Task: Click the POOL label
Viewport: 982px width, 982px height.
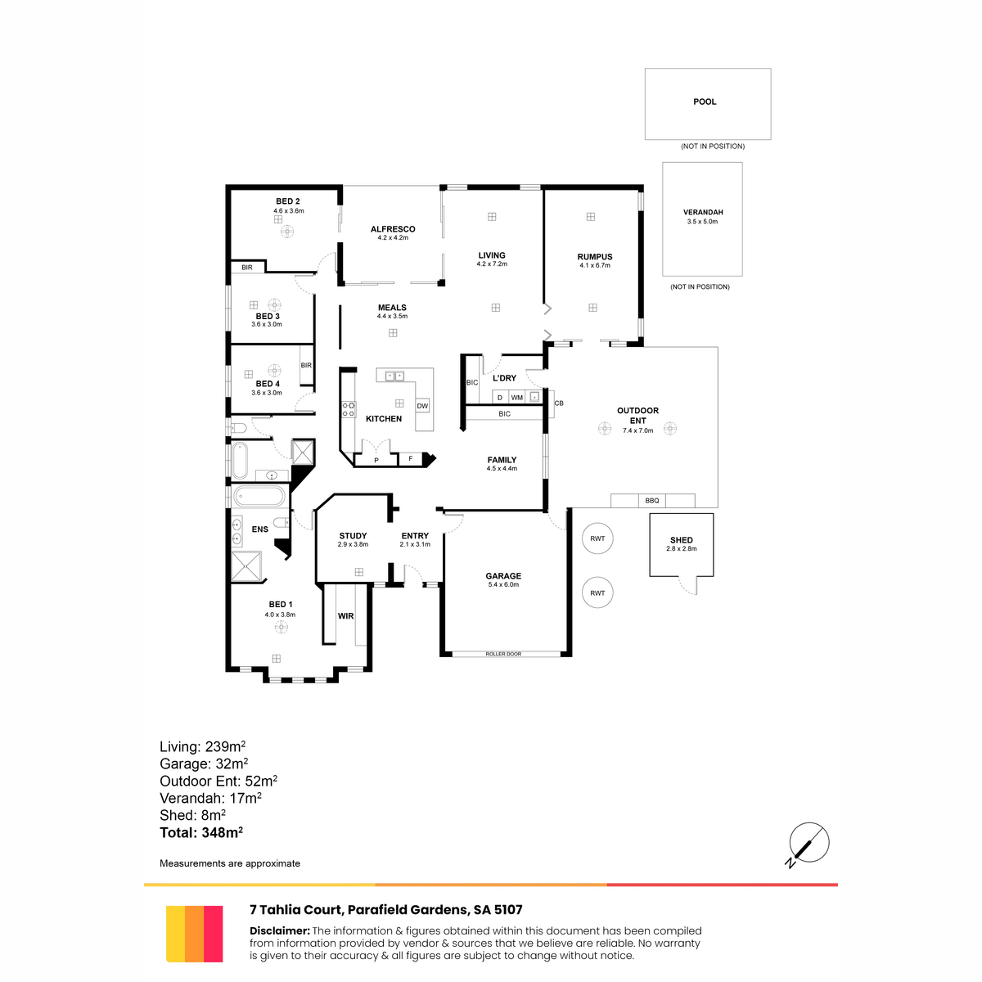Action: tap(705, 102)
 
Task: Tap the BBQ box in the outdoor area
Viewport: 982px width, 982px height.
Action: tap(651, 501)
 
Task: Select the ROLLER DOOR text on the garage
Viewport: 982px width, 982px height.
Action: tap(503, 654)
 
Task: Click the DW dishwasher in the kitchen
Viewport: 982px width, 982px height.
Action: tap(422, 406)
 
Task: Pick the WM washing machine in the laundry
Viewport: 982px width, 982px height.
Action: tap(516, 398)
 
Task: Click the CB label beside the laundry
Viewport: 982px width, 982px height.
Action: tap(559, 403)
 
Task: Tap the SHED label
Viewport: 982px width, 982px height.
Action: tap(682, 539)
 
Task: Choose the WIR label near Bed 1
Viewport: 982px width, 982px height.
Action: tap(345, 616)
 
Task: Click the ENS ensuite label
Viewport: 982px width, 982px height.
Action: tap(260, 529)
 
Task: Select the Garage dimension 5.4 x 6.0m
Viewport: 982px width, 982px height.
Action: tap(503, 584)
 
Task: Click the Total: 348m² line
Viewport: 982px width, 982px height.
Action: tap(201, 832)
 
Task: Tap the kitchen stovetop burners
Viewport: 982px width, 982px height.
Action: tap(349, 409)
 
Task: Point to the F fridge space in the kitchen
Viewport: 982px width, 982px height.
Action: tap(411, 459)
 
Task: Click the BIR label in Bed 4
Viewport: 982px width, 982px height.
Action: tap(306, 365)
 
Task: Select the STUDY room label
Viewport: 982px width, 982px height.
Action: tap(353, 535)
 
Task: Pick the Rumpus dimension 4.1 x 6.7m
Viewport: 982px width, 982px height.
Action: tap(594, 265)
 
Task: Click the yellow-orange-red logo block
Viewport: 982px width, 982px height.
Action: tap(194, 934)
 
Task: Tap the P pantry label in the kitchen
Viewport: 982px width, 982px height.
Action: tap(376, 460)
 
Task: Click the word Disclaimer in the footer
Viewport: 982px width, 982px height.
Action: tap(279, 930)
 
